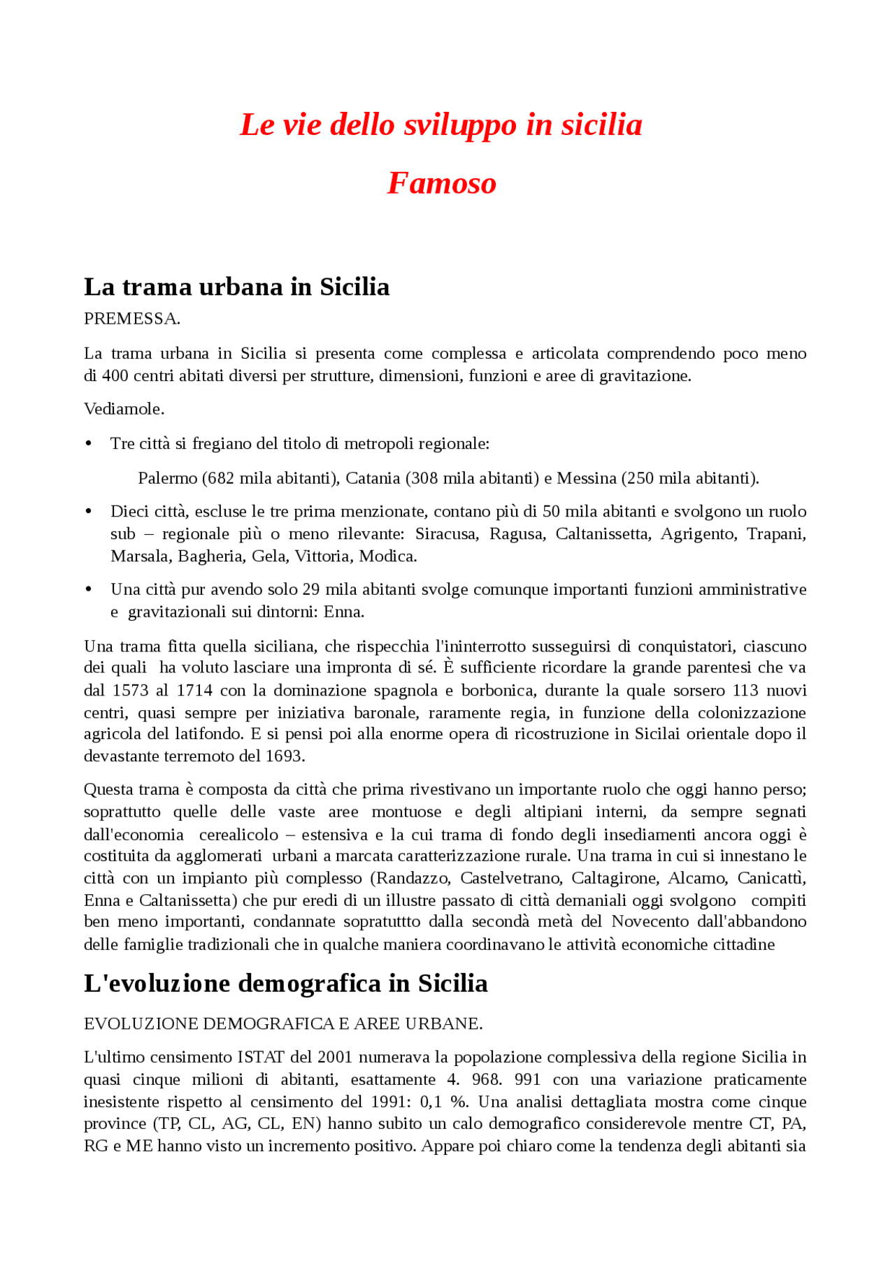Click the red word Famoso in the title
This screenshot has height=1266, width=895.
pyautogui.click(x=441, y=183)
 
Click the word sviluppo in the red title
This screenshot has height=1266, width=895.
pyautogui.click(x=460, y=125)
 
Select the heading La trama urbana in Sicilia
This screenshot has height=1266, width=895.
pyautogui.click(x=236, y=287)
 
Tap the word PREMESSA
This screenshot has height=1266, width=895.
pyautogui.click(x=131, y=319)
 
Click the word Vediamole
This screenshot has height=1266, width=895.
pyautogui.click(x=124, y=409)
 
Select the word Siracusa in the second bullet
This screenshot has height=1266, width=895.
pyautogui.click(x=446, y=534)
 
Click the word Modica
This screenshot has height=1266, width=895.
pyautogui.click(x=387, y=556)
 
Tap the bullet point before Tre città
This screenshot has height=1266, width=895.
pyautogui.click(x=89, y=444)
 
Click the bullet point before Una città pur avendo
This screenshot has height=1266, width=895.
pyautogui.click(x=89, y=590)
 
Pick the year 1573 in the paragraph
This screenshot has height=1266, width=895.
pyautogui.click(x=130, y=691)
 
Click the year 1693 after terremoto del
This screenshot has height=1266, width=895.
pyautogui.click(x=285, y=756)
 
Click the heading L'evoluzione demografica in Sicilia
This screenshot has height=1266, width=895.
pyautogui.click(x=285, y=984)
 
